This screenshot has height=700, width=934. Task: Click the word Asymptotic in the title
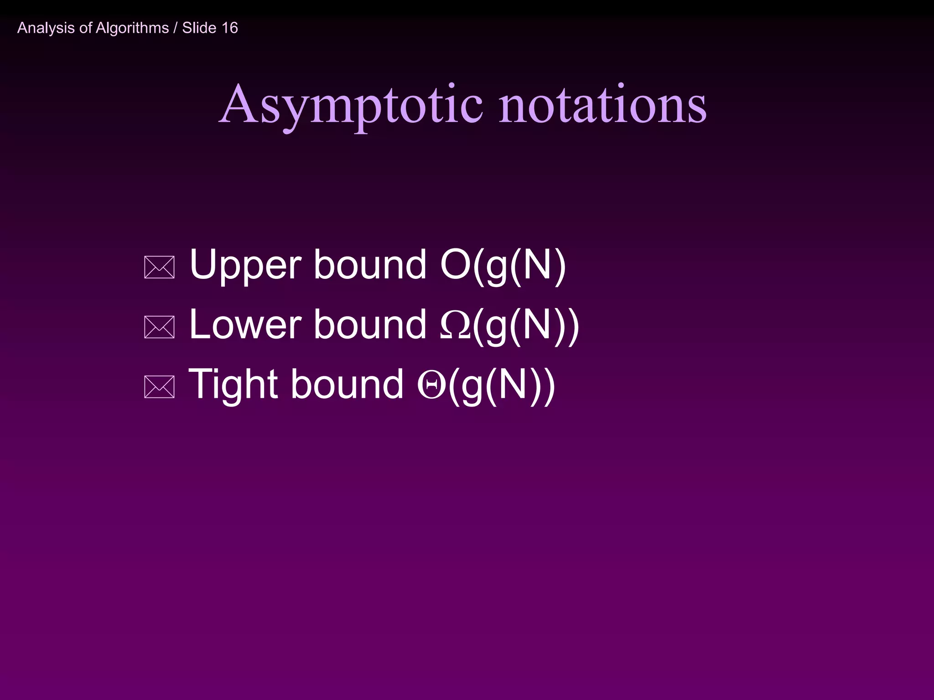(351, 106)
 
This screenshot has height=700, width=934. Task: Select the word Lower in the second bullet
(245, 325)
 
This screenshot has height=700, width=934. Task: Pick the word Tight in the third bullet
(233, 385)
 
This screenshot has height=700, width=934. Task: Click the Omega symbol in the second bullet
(455, 326)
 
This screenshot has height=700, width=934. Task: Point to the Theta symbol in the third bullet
(431, 386)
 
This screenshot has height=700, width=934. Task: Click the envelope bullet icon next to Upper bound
(159, 268)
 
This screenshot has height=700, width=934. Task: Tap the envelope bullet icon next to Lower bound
(159, 327)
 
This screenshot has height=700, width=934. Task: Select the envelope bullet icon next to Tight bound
(159, 387)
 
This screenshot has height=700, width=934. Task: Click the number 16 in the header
(229, 28)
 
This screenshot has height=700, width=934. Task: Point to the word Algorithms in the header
(132, 28)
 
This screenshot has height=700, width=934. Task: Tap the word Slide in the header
(199, 28)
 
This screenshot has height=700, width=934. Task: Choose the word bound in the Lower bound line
(370, 325)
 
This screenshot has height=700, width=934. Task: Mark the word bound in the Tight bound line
(347, 385)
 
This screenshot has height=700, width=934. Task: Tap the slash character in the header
(176, 28)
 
